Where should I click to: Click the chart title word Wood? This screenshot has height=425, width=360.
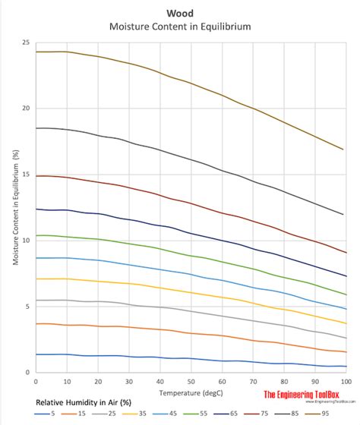click(x=180, y=13)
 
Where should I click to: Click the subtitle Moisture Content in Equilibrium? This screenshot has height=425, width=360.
click(x=180, y=27)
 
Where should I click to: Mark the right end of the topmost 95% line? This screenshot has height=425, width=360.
click(x=345, y=150)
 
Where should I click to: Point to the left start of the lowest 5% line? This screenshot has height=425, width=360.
click(x=36, y=354)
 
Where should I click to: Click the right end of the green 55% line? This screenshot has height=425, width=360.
click(x=346, y=293)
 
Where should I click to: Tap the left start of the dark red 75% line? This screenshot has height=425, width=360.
click(x=36, y=175)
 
